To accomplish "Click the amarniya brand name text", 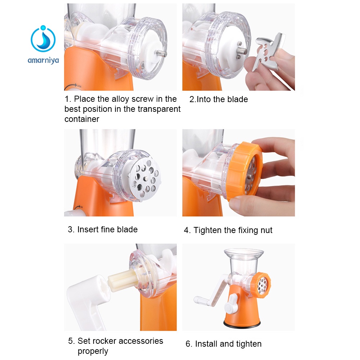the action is click(x=43, y=61).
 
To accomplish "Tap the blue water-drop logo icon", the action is click(x=43, y=38).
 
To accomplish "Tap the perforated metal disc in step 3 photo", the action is click(x=144, y=178).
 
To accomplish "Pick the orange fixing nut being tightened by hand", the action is click(x=245, y=171).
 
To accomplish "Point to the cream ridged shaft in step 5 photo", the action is click(x=123, y=280).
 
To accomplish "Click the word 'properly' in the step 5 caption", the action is click(x=93, y=351).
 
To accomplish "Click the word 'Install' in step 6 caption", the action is click(x=206, y=344).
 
